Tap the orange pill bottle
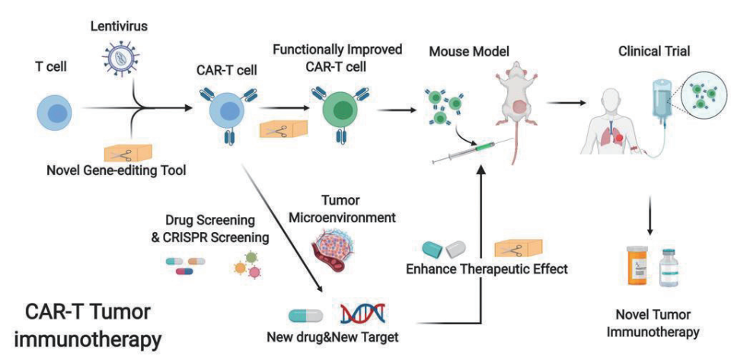pos(637,266)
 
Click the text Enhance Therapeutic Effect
pos(487,269)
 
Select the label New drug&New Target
pos(333,336)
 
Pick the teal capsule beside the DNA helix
pos(306,316)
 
